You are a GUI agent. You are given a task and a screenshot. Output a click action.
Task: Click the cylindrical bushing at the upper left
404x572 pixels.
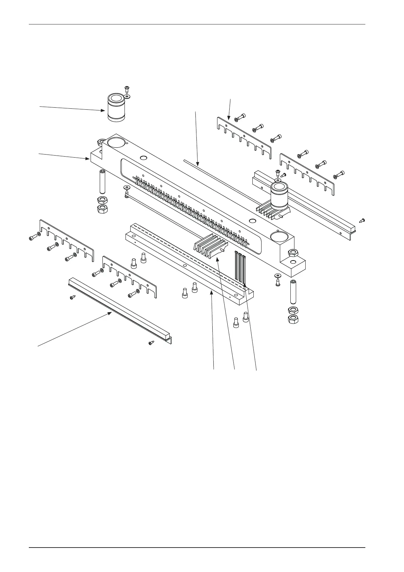coord(117,107)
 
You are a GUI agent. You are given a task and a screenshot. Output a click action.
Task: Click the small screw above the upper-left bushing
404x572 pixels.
coord(126,89)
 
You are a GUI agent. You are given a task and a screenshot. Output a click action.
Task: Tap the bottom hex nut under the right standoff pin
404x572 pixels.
coord(293,319)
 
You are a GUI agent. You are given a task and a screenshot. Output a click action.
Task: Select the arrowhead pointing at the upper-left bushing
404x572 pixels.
coord(104,110)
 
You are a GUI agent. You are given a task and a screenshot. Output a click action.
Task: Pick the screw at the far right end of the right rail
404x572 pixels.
coord(362,220)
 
